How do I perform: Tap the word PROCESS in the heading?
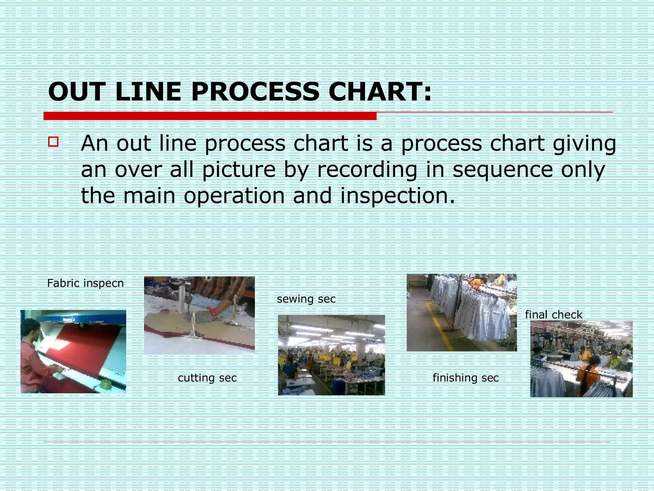tap(255, 92)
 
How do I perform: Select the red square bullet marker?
tap(53, 142)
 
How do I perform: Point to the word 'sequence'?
tap(503, 170)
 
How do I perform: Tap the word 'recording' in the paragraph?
tap(367, 170)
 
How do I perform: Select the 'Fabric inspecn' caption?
tap(85, 283)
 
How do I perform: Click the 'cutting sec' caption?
tap(207, 378)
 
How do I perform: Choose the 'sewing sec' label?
tap(306, 299)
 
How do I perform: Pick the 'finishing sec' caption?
tap(465, 378)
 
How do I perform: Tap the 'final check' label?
tap(553, 315)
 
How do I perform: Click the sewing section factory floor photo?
tap(331, 355)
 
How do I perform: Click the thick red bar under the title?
tap(210, 116)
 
